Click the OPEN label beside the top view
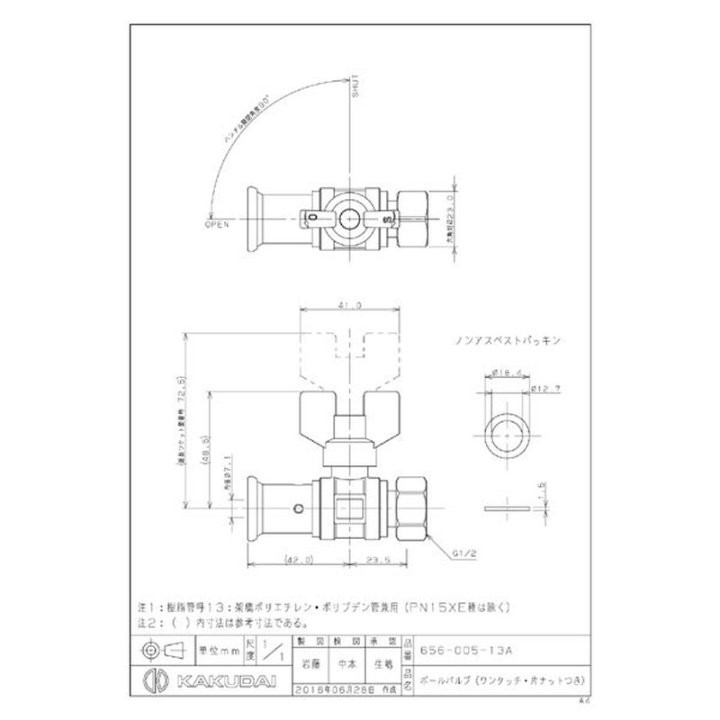coord(218,225)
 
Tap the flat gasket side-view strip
coord(503,509)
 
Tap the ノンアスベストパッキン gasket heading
coord(508,341)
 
